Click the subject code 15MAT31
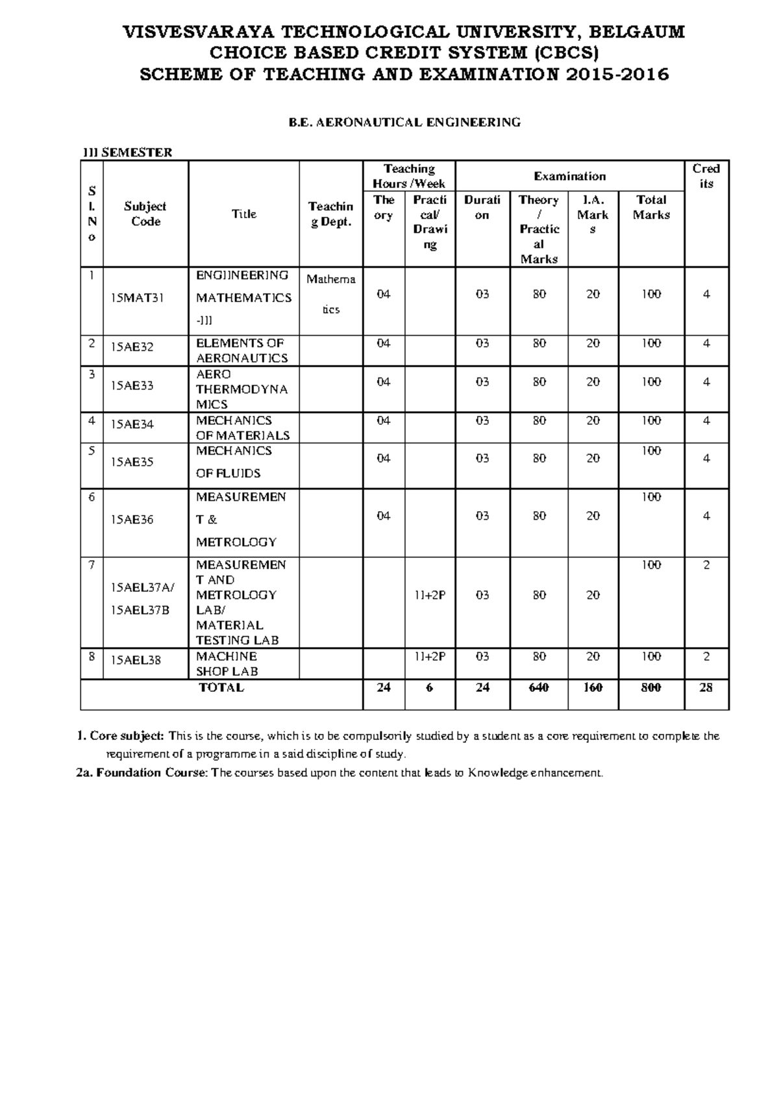(137, 298)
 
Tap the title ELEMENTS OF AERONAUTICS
(241, 351)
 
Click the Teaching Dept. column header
(330, 214)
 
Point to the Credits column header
(706, 176)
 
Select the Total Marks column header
(651, 207)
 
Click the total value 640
(538, 687)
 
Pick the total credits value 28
(706, 687)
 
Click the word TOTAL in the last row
(221, 687)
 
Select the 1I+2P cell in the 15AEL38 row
(430, 656)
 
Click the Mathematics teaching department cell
(331, 294)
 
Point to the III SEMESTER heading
(127, 153)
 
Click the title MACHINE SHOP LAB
(227, 664)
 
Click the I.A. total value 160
(593, 687)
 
